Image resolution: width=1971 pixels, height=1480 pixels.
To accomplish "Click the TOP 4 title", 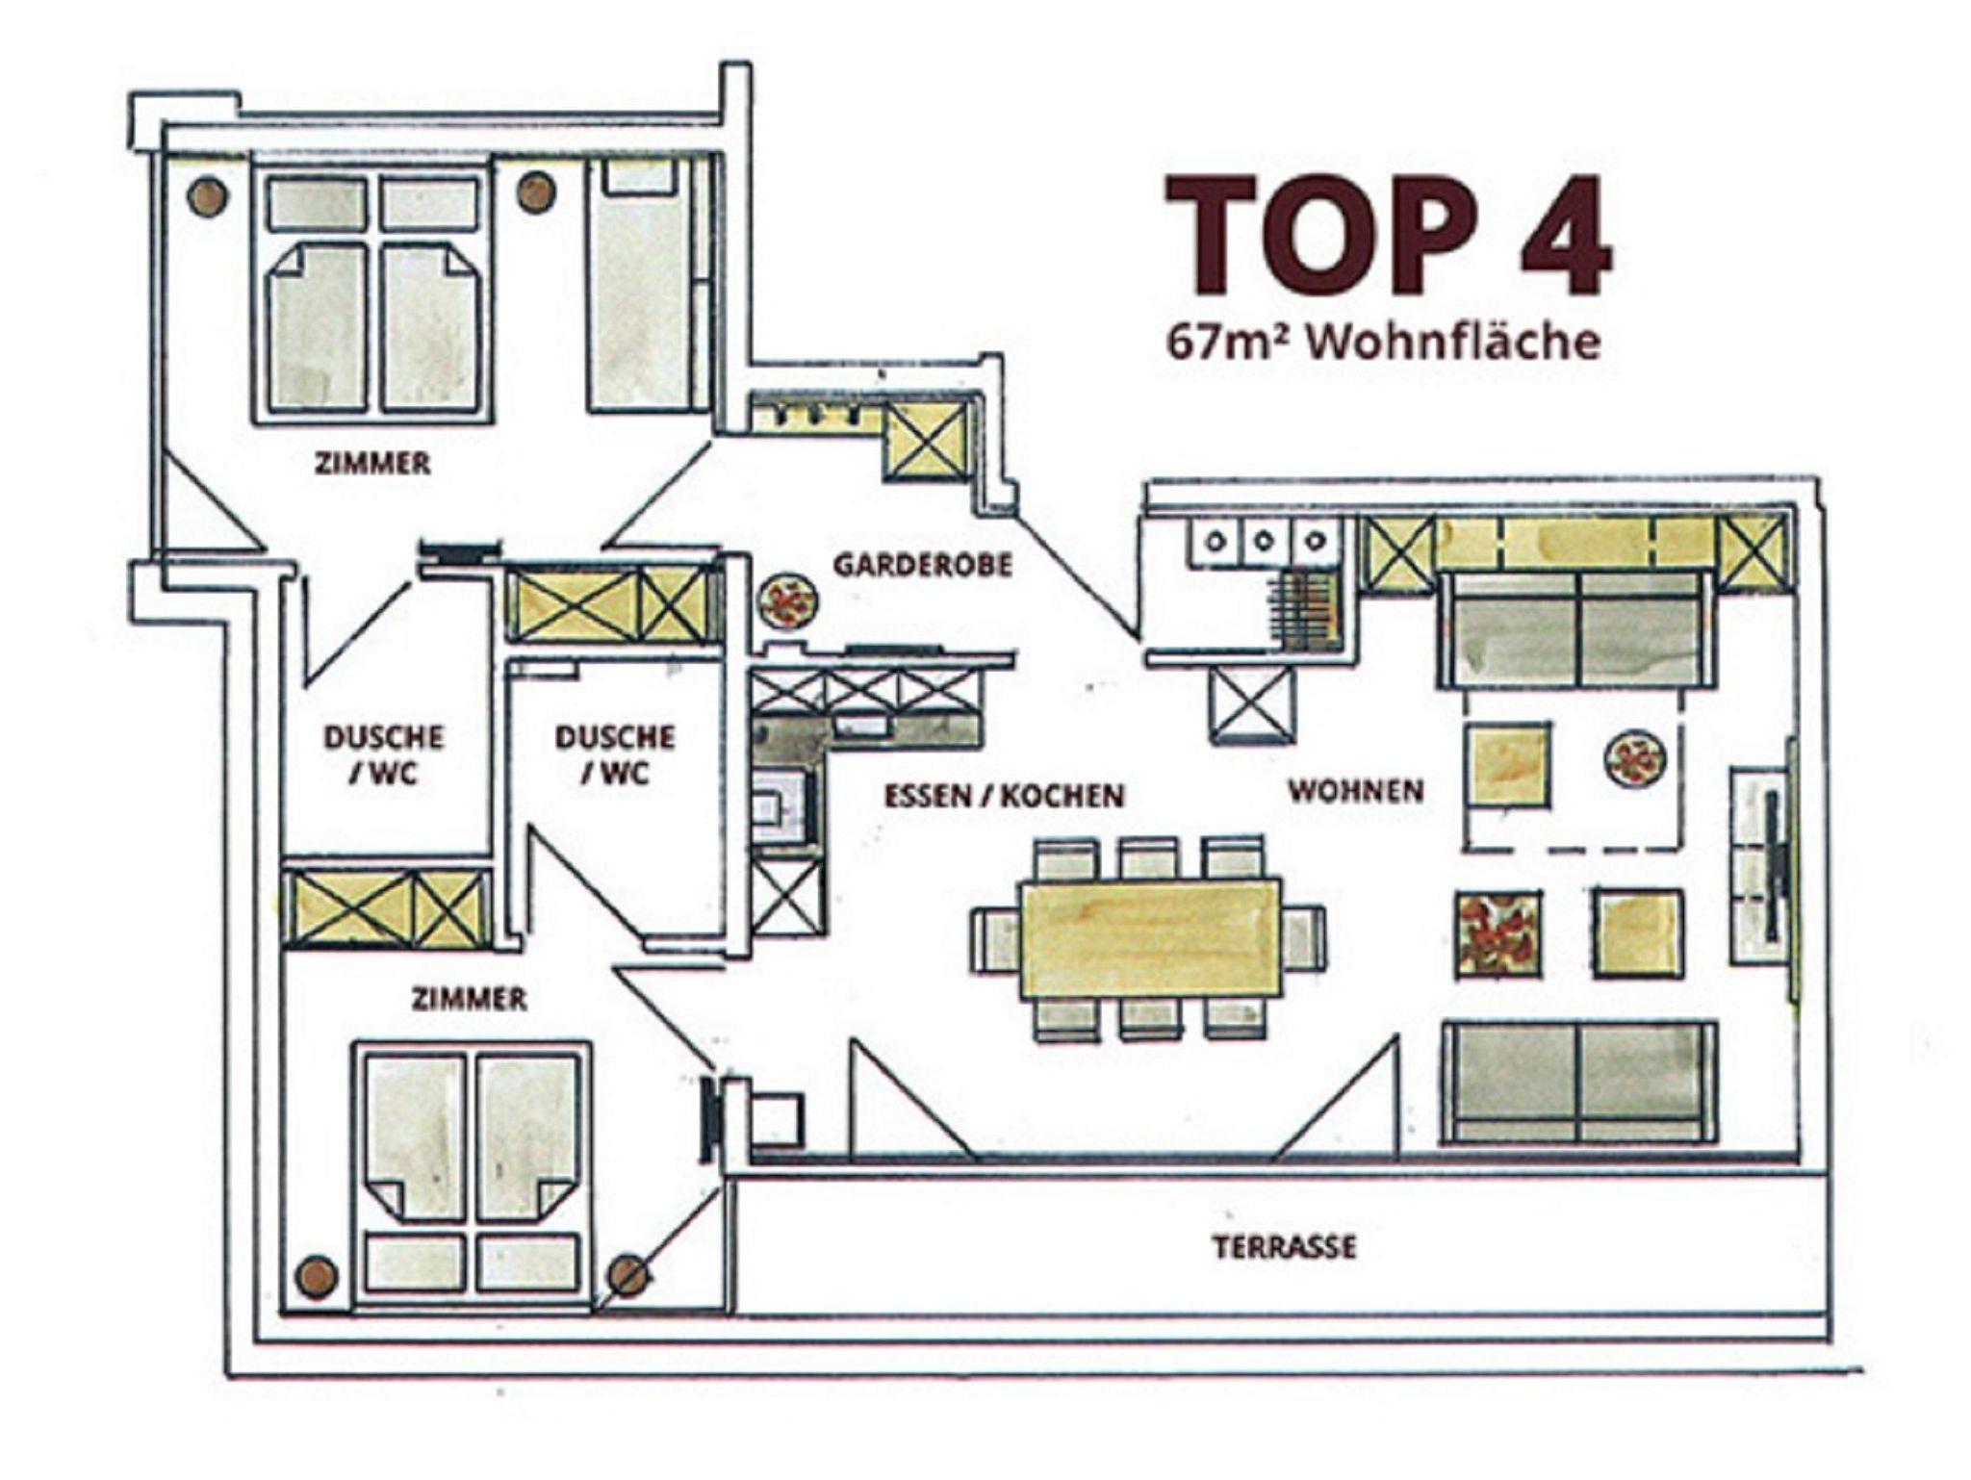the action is (x=1388, y=234).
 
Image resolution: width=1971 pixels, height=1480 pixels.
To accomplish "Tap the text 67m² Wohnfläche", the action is (x=1383, y=342).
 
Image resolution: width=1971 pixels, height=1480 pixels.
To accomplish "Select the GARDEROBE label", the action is (x=923, y=565).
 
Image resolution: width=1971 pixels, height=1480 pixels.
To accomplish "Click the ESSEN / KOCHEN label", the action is (x=1004, y=796).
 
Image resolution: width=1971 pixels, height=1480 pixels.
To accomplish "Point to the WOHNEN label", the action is (x=1356, y=791).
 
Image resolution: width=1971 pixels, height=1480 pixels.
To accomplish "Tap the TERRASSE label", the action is (x=1284, y=1247).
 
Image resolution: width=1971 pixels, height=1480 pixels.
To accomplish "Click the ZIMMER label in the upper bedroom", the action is (x=372, y=464).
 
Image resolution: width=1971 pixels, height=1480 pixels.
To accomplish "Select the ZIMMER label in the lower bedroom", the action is (x=470, y=999).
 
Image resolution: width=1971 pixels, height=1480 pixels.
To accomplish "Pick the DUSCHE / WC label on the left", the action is (x=384, y=754).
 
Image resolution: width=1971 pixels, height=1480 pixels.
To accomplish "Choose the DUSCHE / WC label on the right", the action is (x=615, y=754).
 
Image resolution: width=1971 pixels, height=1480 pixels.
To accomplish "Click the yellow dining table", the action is (x=1151, y=939).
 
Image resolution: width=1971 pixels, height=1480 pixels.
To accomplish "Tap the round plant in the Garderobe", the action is (x=789, y=602).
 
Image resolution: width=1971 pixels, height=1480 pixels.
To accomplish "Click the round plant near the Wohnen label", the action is (x=1634, y=759).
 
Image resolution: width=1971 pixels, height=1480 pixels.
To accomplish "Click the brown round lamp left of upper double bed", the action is (x=208, y=196).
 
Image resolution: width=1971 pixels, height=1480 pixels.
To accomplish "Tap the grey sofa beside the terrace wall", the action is (x=1579, y=1083).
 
